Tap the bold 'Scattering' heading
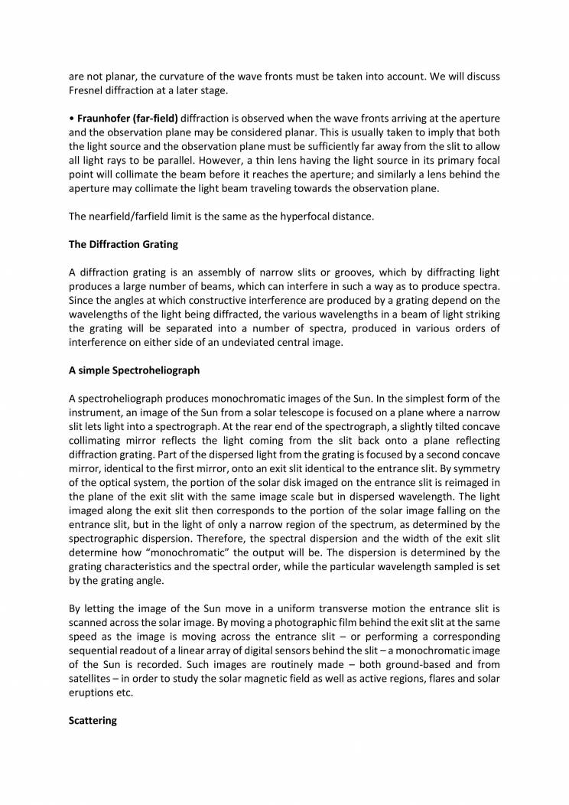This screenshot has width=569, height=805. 93,720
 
